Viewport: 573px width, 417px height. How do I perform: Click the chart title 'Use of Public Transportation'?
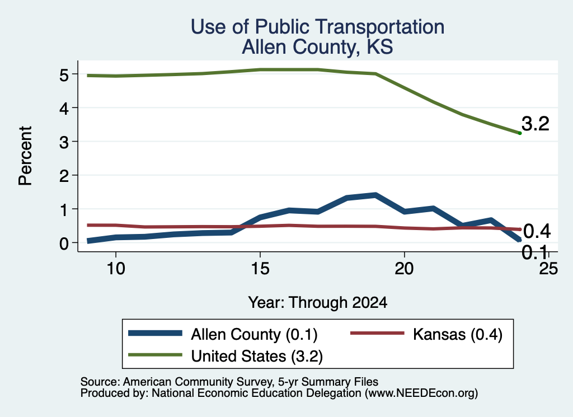pyautogui.click(x=318, y=27)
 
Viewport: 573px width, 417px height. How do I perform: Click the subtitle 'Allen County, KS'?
pyautogui.click(x=318, y=47)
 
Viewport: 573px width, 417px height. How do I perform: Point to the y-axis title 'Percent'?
pyautogui.click(x=25, y=156)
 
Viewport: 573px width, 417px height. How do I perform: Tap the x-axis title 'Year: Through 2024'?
pyautogui.click(x=318, y=303)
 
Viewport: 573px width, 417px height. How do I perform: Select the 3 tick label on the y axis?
pyautogui.click(x=64, y=142)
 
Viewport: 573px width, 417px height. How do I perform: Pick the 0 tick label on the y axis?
pyautogui.click(x=64, y=243)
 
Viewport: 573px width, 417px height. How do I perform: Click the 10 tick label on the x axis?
pyautogui.click(x=116, y=269)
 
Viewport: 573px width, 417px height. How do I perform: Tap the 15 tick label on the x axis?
pyautogui.click(x=260, y=269)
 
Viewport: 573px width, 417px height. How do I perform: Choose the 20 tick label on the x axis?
pyautogui.click(x=404, y=269)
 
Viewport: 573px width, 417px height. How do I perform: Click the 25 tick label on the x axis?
pyautogui.click(x=548, y=269)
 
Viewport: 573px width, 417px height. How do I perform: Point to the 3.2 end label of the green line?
pyautogui.click(x=536, y=124)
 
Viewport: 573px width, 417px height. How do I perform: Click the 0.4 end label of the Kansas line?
pyautogui.click(x=537, y=231)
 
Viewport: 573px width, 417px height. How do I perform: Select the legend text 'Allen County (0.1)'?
pyautogui.click(x=255, y=334)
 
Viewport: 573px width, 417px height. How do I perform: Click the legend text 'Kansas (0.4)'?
pyautogui.click(x=458, y=334)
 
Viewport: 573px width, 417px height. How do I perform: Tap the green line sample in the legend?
pyautogui.click(x=156, y=355)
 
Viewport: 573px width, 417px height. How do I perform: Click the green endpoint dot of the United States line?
pyautogui.click(x=520, y=133)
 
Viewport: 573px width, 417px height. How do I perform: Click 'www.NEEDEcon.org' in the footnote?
pyautogui.click(x=421, y=393)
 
